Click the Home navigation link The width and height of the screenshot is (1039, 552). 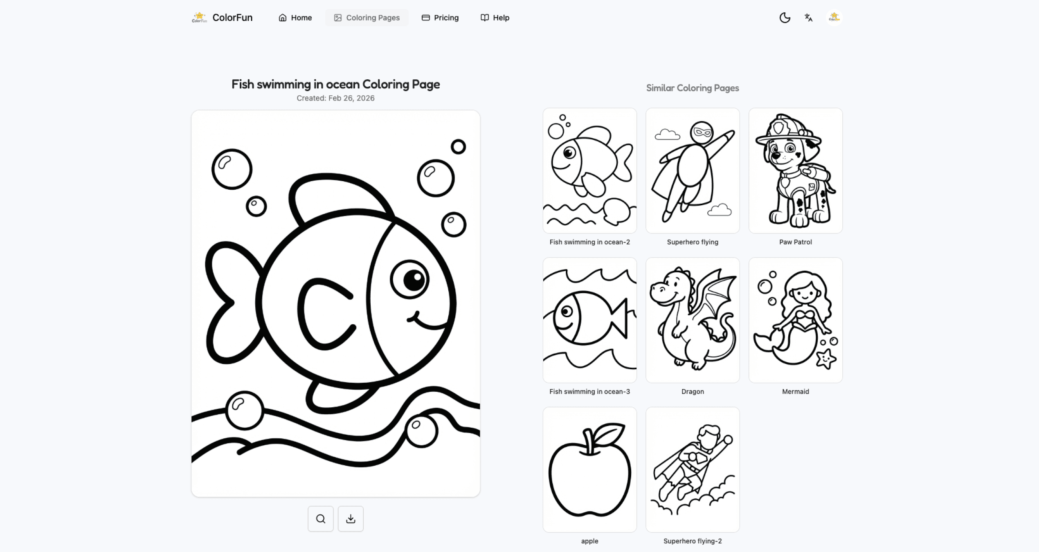click(295, 18)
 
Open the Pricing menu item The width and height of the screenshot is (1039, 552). click(440, 18)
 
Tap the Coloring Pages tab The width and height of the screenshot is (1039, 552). click(367, 18)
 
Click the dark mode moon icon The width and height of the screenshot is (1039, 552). click(785, 18)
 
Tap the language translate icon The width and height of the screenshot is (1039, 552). click(808, 18)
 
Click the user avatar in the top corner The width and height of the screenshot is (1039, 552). click(834, 18)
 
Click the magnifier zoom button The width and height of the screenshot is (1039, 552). click(320, 518)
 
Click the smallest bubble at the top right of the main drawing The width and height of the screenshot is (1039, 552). click(458, 146)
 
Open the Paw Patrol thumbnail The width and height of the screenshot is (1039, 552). click(795, 171)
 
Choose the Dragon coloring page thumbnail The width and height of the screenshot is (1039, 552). click(692, 320)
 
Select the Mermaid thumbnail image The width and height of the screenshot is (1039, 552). click(795, 320)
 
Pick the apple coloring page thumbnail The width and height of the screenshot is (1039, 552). click(589, 469)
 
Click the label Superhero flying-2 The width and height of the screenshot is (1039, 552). click(692, 541)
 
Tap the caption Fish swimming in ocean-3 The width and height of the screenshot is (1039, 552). click(589, 391)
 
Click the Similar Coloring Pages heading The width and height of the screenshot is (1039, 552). click(692, 88)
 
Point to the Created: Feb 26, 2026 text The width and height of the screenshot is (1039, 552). click(335, 98)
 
